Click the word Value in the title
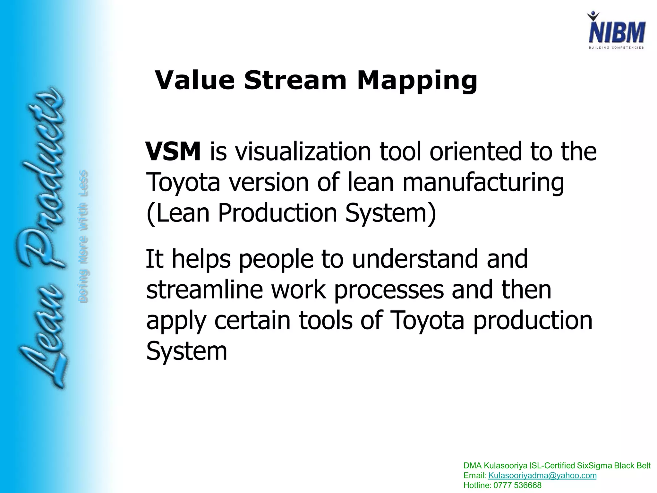[x=195, y=80]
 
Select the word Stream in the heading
[x=295, y=80]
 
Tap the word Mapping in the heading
[x=417, y=81]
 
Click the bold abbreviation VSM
[x=173, y=151]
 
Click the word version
[x=269, y=182]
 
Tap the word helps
[x=201, y=259]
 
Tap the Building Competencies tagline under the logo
[x=616, y=48]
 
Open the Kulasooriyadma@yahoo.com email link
[x=542, y=475]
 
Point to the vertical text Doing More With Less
[x=83, y=236]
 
